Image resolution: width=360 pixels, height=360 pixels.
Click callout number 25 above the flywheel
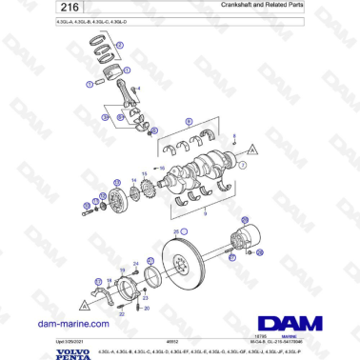pos(175,232)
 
